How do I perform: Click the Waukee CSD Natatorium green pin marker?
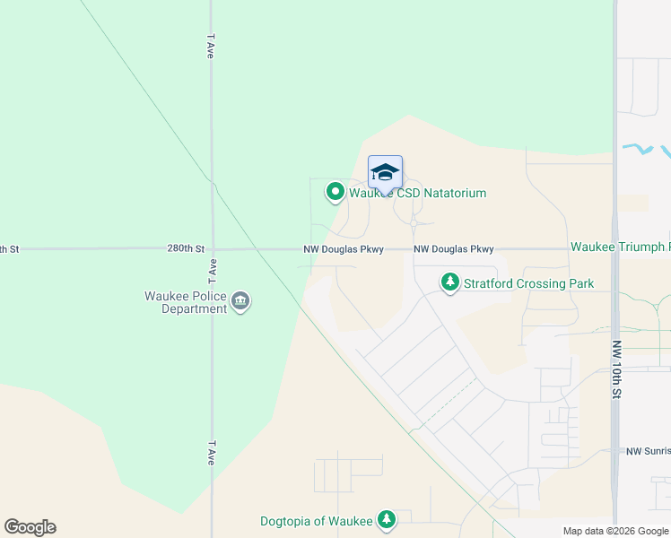pyautogui.click(x=335, y=191)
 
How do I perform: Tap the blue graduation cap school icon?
pyautogui.click(x=385, y=172)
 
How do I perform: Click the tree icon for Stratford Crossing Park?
pyautogui.click(x=449, y=283)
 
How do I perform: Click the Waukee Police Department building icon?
pyautogui.click(x=240, y=301)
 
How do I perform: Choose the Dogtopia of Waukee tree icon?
pyautogui.click(x=387, y=519)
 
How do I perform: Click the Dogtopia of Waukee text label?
pyautogui.click(x=315, y=520)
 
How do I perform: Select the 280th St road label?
pyautogui.click(x=186, y=248)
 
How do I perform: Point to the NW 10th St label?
pyautogui.click(x=616, y=369)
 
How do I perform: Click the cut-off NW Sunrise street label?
pyautogui.click(x=647, y=452)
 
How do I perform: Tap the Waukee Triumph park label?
pyautogui.click(x=619, y=247)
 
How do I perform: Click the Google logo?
pyautogui.click(x=30, y=527)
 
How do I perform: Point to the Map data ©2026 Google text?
pyautogui.click(x=615, y=531)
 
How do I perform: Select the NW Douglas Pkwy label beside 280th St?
pyautogui.click(x=344, y=249)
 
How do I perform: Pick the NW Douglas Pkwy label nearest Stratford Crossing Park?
pyautogui.click(x=453, y=249)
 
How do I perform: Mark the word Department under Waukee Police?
pyautogui.click(x=195, y=309)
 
